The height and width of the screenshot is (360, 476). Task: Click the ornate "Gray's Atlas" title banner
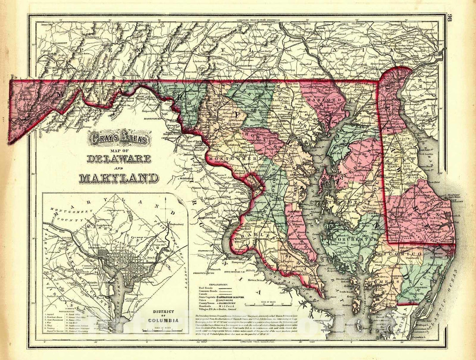(x=119, y=140)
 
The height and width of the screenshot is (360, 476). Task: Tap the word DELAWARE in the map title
(x=119, y=159)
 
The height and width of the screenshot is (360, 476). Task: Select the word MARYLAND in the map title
(x=119, y=178)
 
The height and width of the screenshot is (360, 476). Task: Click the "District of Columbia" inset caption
(x=164, y=316)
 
